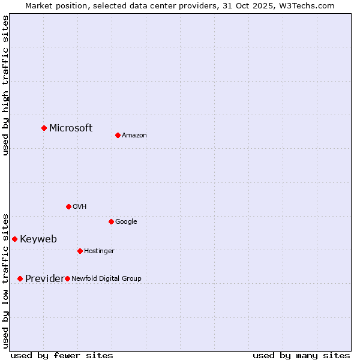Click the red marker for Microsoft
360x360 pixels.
pyautogui.click(x=44, y=128)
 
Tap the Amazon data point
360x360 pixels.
pyautogui.click(x=118, y=135)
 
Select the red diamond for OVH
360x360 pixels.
pyautogui.click(x=68, y=206)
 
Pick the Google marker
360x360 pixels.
pyautogui.click(x=111, y=221)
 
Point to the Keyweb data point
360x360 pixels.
pyautogui.click(x=14, y=239)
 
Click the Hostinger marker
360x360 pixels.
pyautogui.click(x=80, y=251)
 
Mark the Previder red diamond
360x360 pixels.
pyautogui.click(x=20, y=278)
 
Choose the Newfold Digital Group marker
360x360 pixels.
pyautogui.click(x=67, y=278)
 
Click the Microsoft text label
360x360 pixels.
pyautogui.click(x=71, y=128)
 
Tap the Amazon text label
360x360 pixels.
pyautogui.click(x=134, y=136)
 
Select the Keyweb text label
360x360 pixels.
pyautogui.click(x=38, y=239)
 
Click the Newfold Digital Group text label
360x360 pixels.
pyautogui.click(x=107, y=278)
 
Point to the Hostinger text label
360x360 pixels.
pyautogui.click(x=99, y=251)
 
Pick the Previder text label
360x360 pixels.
pyautogui.click(x=44, y=278)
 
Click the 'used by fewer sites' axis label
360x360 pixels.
pyautogui.click(x=62, y=355)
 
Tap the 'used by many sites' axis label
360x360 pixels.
pyautogui.click(x=301, y=355)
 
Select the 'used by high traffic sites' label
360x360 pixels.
pyautogui.click(x=6, y=85)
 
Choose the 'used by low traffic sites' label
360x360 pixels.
pyautogui.click(x=6, y=280)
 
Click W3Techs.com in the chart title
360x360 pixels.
pyautogui.click(x=311, y=5)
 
